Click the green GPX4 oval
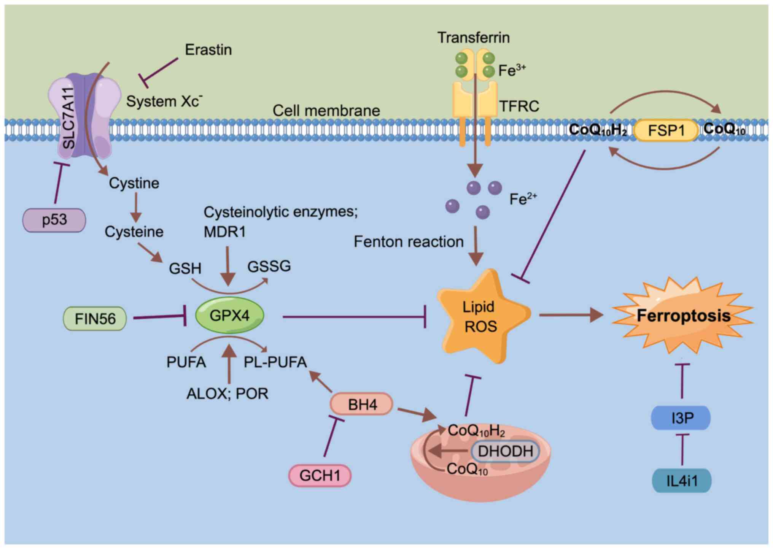tap(229, 315)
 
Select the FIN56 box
tap(95, 319)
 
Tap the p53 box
tap(54, 220)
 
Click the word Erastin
tap(208, 50)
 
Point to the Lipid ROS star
tap(480, 317)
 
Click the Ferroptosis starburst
tap(683, 316)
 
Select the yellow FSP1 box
tap(666, 130)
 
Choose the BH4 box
tap(362, 405)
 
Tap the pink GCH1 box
tap(320, 476)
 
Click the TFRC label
tap(519, 106)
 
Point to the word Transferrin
tap(473, 38)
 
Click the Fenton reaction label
tap(409, 242)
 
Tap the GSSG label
tap(269, 266)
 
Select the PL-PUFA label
tap(275, 362)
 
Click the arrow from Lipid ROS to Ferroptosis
tap(571, 315)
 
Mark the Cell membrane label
tap(326, 111)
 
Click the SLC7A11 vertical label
tap(68, 118)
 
